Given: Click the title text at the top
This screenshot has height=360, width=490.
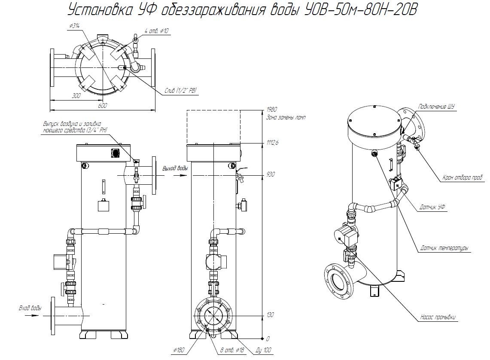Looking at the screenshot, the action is (242, 10).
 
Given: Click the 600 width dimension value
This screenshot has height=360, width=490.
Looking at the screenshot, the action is (103, 106).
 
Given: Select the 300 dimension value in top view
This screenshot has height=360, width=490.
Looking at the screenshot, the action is (76, 96).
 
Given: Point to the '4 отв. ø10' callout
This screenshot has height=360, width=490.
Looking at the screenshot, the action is (157, 31).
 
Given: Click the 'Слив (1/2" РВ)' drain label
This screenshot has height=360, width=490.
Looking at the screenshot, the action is (181, 91).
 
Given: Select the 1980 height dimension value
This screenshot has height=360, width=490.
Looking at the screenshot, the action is (271, 110).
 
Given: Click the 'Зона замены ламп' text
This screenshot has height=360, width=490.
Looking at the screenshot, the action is (286, 118).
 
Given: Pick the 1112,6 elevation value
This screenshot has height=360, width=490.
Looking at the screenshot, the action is (272, 143).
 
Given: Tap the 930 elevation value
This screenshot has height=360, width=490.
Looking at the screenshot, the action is (271, 174).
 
